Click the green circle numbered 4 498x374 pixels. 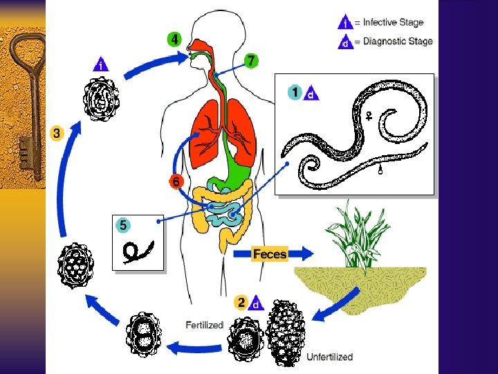[174, 39]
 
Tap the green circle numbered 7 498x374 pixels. [251, 61]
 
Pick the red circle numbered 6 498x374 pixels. [176, 182]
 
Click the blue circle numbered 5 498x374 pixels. [122, 224]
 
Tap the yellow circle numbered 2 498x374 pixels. [241, 302]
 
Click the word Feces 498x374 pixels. [270, 254]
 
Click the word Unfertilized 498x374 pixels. [329, 357]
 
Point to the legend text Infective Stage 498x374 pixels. [394, 23]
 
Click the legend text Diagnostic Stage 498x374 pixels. [397, 41]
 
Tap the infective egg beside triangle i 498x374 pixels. [102, 100]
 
